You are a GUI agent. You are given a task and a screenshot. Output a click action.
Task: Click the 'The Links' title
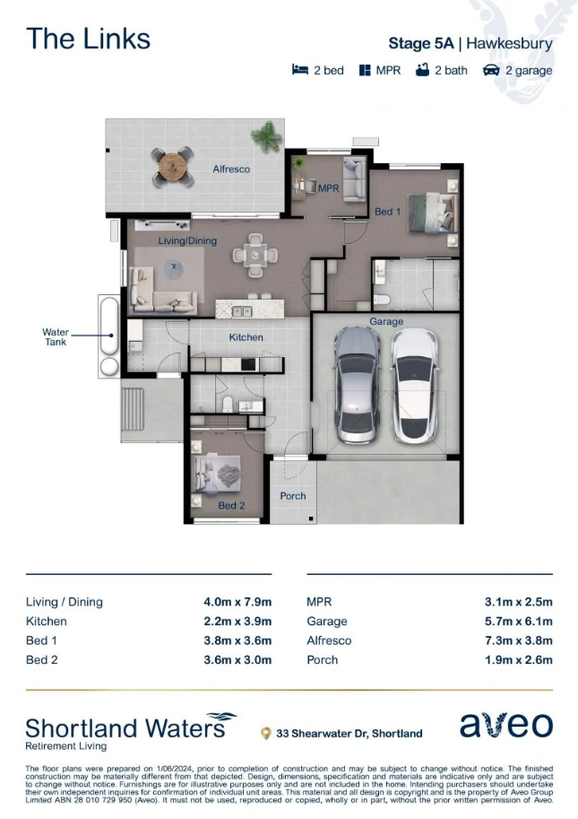pyautogui.click(x=88, y=39)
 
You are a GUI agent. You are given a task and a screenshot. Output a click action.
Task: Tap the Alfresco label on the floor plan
pyautogui.click(x=231, y=169)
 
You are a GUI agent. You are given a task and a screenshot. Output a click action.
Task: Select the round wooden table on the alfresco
pyautogui.click(x=172, y=167)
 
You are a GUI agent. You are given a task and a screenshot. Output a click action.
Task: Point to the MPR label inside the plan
pyautogui.click(x=329, y=188)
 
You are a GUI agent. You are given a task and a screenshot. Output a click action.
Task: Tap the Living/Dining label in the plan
pyautogui.click(x=187, y=240)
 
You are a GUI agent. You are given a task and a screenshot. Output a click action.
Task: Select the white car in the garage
pyautogui.click(x=415, y=386)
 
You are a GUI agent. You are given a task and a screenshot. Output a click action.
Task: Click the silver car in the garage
pyautogui.click(x=358, y=385)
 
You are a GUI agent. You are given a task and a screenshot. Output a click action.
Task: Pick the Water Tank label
pyautogui.click(x=56, y=337)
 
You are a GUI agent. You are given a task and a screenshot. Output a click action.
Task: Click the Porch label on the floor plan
pyautogui.click(x=293, y=496)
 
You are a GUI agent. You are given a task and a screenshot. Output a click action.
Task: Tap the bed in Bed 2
pyautogui.click(x=216, y=474)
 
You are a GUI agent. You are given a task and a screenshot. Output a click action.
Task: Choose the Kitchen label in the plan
pyautogui.click(x=246, y=337)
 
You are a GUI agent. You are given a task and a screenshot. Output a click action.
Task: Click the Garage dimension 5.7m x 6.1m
pyautogui.click(x=519, y=621)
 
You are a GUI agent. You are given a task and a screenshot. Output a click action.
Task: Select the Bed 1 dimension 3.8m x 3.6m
pyautogui.click(x=237, y=640)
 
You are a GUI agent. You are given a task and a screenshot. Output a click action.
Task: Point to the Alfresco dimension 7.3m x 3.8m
pyautogui.click(x=519, y=640)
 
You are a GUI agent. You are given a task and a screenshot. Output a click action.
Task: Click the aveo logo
pyautogui.click(x=506, y=725)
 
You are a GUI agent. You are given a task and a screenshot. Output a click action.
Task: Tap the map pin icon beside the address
pyautogui.click(x=265, y=734)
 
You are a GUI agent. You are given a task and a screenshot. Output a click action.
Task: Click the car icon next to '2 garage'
pyautogui.click(x=491, y=70)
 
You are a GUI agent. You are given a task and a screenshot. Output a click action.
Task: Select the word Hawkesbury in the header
pyautogui.click(x=509, y=44)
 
